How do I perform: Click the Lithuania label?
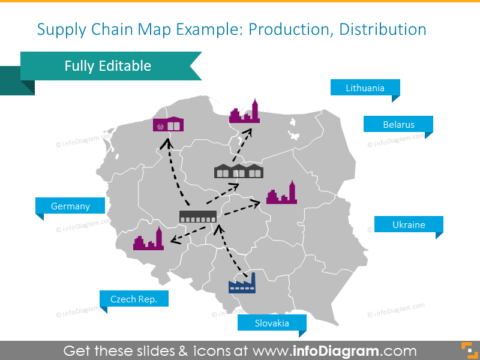(x=365, y=88)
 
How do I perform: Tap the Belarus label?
(x=398, y=125)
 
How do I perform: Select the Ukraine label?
(x=409, y=224)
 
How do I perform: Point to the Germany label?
(x=70, y=206)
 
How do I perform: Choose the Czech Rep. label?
(x=134, y=299)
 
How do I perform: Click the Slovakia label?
(x=272, y=323)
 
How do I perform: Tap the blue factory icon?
(x=242, y=283)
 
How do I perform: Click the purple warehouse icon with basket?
(x=169, y=124)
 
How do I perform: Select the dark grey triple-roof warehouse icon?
(x=239, y=171)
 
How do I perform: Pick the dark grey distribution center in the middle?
(x=198, y=217)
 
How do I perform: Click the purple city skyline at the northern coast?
(x=245, y=112)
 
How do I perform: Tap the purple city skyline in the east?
(x=281, y=193)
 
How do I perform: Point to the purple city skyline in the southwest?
(x=148, y=239)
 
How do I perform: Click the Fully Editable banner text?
(x=108, y=66)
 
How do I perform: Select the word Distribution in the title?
(x=383, y=29)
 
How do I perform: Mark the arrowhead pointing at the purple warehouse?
(x=167, y=143)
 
